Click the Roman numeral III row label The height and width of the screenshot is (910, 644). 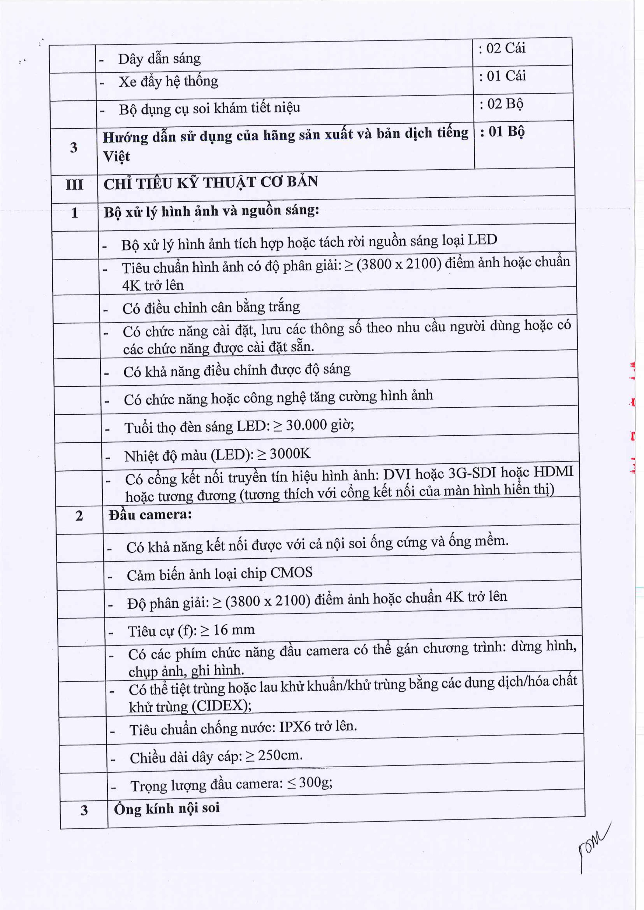pos(74,185)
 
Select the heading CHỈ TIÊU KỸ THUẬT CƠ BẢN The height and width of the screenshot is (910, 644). pos(211,183)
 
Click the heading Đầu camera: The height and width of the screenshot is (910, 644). pos(150,515)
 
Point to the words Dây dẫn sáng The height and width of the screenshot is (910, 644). pos(159,59)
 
